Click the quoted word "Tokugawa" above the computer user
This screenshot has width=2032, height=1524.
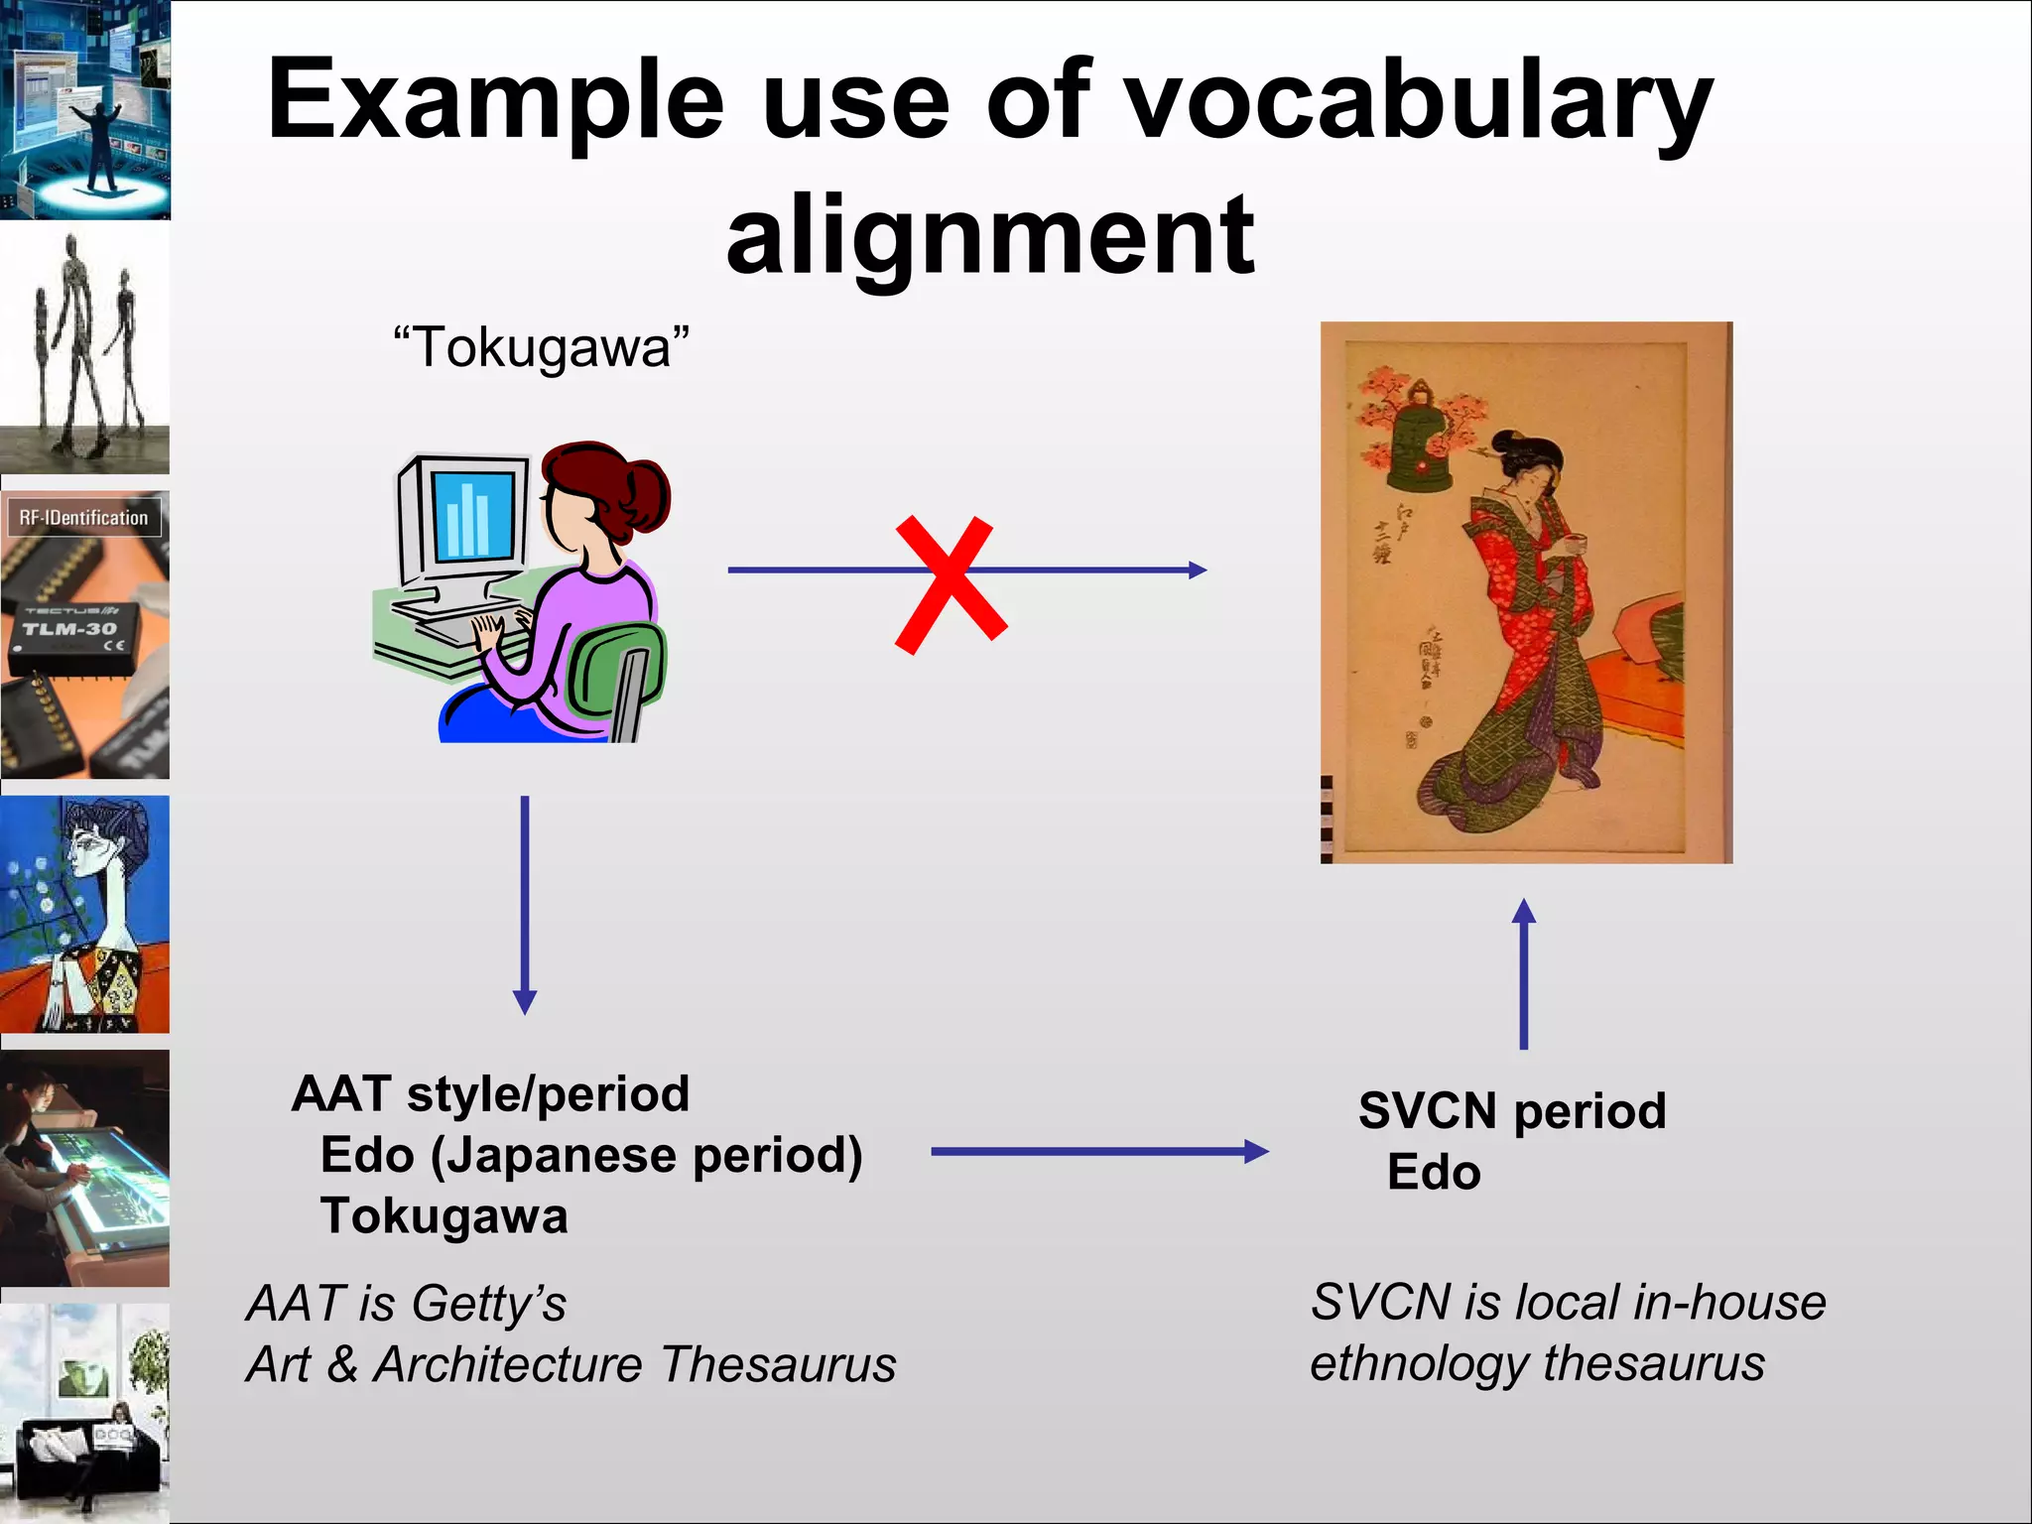tap(541, 347)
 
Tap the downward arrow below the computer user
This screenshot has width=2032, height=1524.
tap(525, 903)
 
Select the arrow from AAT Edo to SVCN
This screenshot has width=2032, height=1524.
tap(1098, 1151)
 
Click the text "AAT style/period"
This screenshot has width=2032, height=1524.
tap(490, 1093)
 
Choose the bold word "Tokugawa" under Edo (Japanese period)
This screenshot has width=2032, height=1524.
tap(444, 1216)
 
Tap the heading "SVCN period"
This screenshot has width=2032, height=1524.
tap(1511, 1110)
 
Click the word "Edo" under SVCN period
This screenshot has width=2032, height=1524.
tap(1434, 1173)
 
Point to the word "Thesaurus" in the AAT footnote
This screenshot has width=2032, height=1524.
tap(778, 1364)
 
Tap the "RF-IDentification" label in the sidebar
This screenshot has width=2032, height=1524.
tap(83, 518)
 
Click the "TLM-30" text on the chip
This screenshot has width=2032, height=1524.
tap(69, 629)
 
